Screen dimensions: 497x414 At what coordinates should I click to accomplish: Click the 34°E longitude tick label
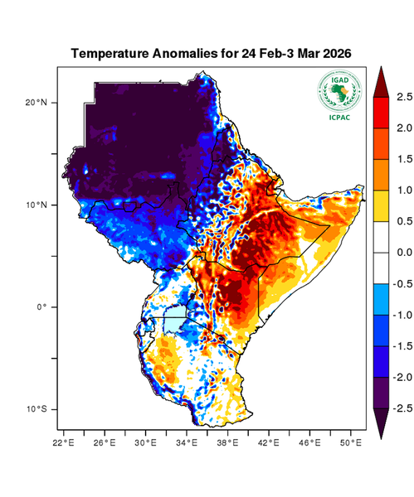[187, 442]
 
